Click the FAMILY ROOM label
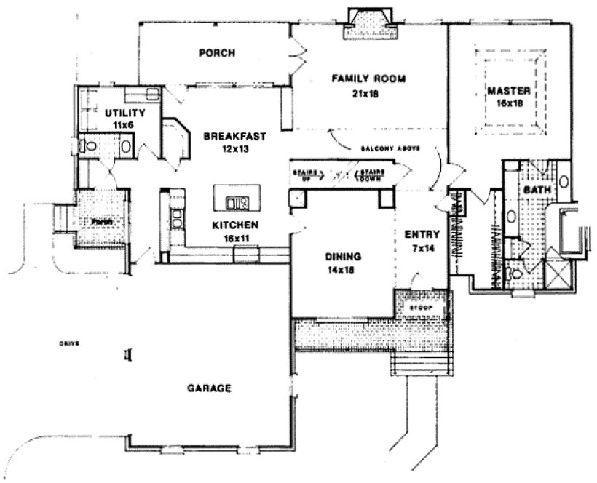tap(368, 78)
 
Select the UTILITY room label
tap(125, 113)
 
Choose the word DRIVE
tap(69, 343)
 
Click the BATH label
tap(537, 191)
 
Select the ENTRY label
tap(421, 234)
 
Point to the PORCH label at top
tap(215, 53)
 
